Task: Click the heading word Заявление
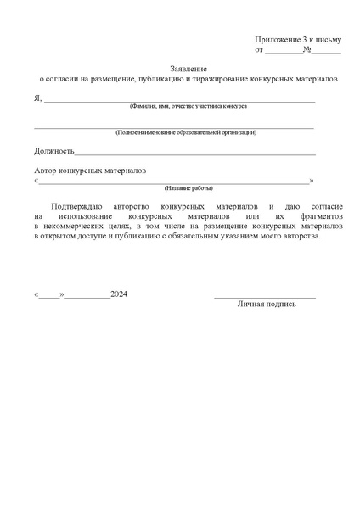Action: pos(188,67)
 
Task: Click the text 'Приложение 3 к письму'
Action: pos(297,40)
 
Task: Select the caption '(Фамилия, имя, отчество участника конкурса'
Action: pos(188,106)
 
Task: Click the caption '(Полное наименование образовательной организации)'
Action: pos(186,132)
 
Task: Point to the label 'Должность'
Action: pos(53,151)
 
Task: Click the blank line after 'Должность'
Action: pos(195,154)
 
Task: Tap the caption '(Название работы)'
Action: pos(188,187)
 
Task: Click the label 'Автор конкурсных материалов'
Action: pos(90,170)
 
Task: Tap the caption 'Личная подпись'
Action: pos(267,304)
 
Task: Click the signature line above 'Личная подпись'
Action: pos(265,297)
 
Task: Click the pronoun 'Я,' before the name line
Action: pos(38,98)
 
